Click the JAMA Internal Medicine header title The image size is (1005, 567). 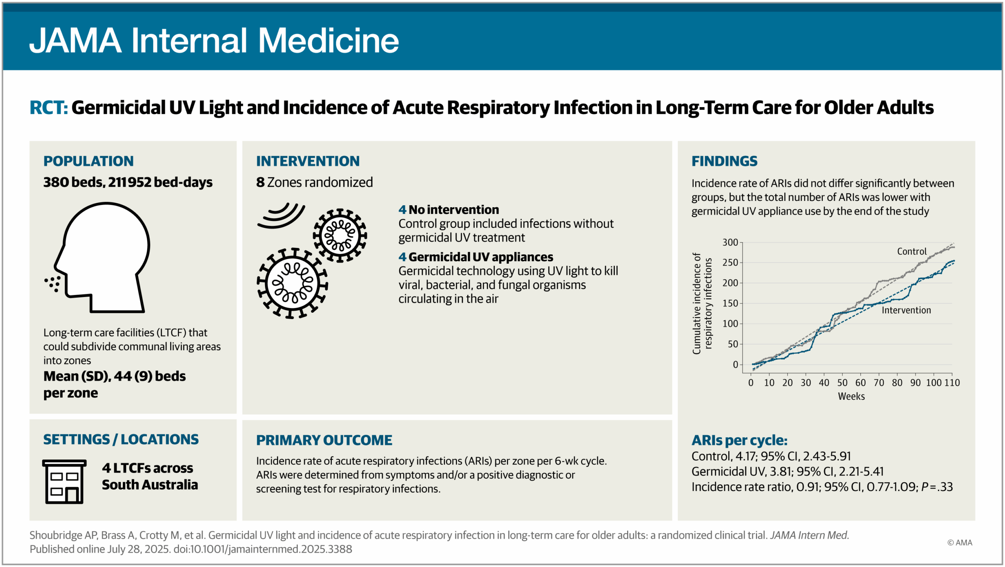pyautogui.click(x=214, y=40)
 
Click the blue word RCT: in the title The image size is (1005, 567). pyautogui.click(x=49, y=108)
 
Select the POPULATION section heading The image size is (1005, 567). pyautogui.click(x=88, y=161)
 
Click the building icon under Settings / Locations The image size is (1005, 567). pyautogui.click(x=64, y=481)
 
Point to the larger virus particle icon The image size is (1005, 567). pyautogui.click(x=292, y=283)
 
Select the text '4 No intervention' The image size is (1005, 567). pyautogui.click(x=448, y=210)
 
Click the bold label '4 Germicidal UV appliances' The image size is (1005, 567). pyautogui.click(x=475, y=257)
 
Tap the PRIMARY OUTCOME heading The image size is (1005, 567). pyautogui.click(x=324, y=440)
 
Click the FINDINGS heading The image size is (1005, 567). pyautogui.click(x=724, y=161)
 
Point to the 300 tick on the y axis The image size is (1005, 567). pyautogui.click(x=730, y=242)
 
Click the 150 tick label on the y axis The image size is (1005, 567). pyautogui.click(x=730, y=303)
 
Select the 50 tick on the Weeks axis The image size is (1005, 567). pyautogui.click(x=842, y=383)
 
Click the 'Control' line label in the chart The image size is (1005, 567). pyautogui.click(x=912, y=252)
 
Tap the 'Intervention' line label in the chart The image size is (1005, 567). pyautogui.click(x=906, y=310)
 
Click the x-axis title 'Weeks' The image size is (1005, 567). pyautogui.click(x=851, y=396)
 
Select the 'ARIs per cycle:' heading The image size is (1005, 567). pyautogui.click(x=739, y=440)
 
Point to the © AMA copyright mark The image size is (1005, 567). pyautogui.click(x=959, y=543)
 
